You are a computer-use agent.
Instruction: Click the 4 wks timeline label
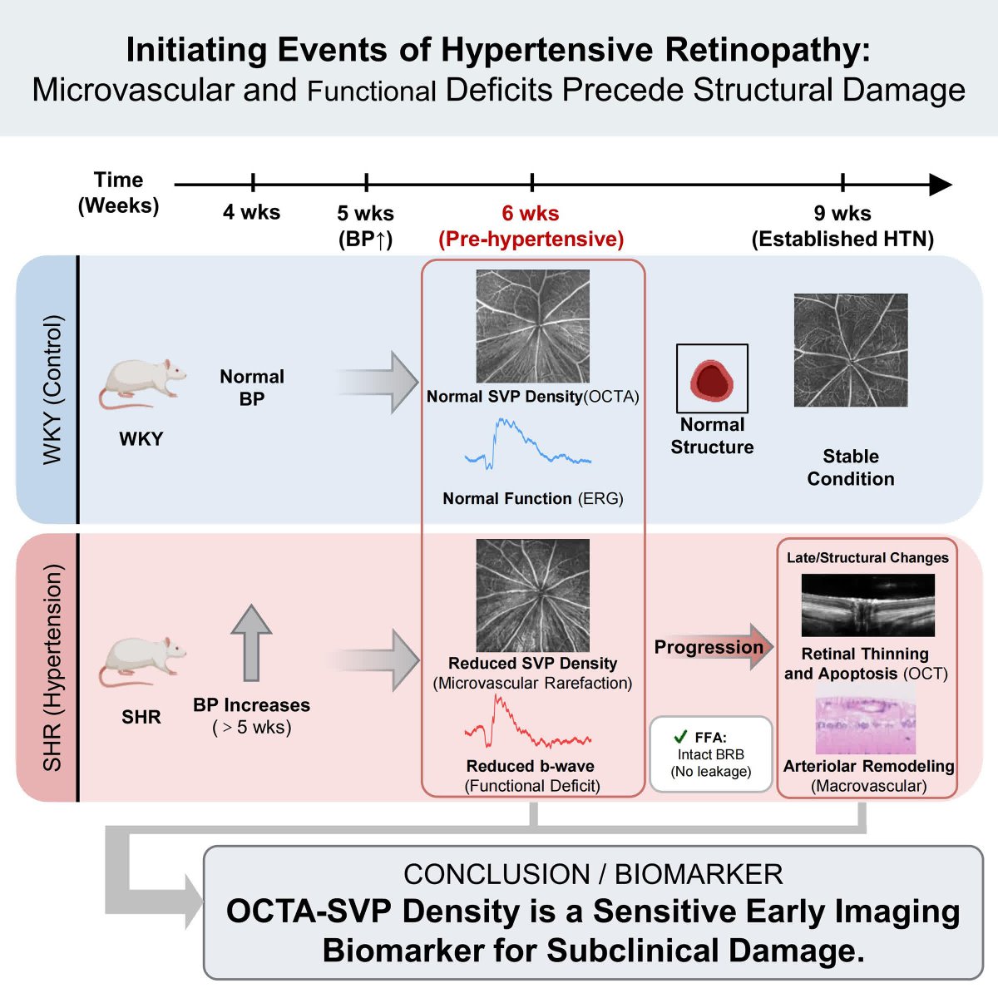[252, 212]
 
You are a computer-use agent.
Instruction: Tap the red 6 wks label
[531, 213]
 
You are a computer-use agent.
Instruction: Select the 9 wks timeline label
[842, 213]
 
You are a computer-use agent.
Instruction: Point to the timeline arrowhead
[941, 185]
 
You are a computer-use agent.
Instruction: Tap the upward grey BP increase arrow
[251, 642]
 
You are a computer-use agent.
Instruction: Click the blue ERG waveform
[528, 444]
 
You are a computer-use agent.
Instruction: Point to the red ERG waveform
[528, 722]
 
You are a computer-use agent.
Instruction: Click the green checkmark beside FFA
[680, 737]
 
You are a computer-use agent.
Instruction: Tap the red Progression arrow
[714, 647]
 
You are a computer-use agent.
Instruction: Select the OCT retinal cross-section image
[868, 605]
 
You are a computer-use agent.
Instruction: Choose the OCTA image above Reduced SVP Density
[532, 595]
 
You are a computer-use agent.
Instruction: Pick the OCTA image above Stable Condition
[851, 350]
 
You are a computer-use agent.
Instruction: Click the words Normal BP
[252, 388]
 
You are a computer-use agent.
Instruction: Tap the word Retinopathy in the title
[768, 50]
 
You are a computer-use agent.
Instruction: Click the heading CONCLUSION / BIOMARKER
[593, 875]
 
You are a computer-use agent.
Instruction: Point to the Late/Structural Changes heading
[867, 557]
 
